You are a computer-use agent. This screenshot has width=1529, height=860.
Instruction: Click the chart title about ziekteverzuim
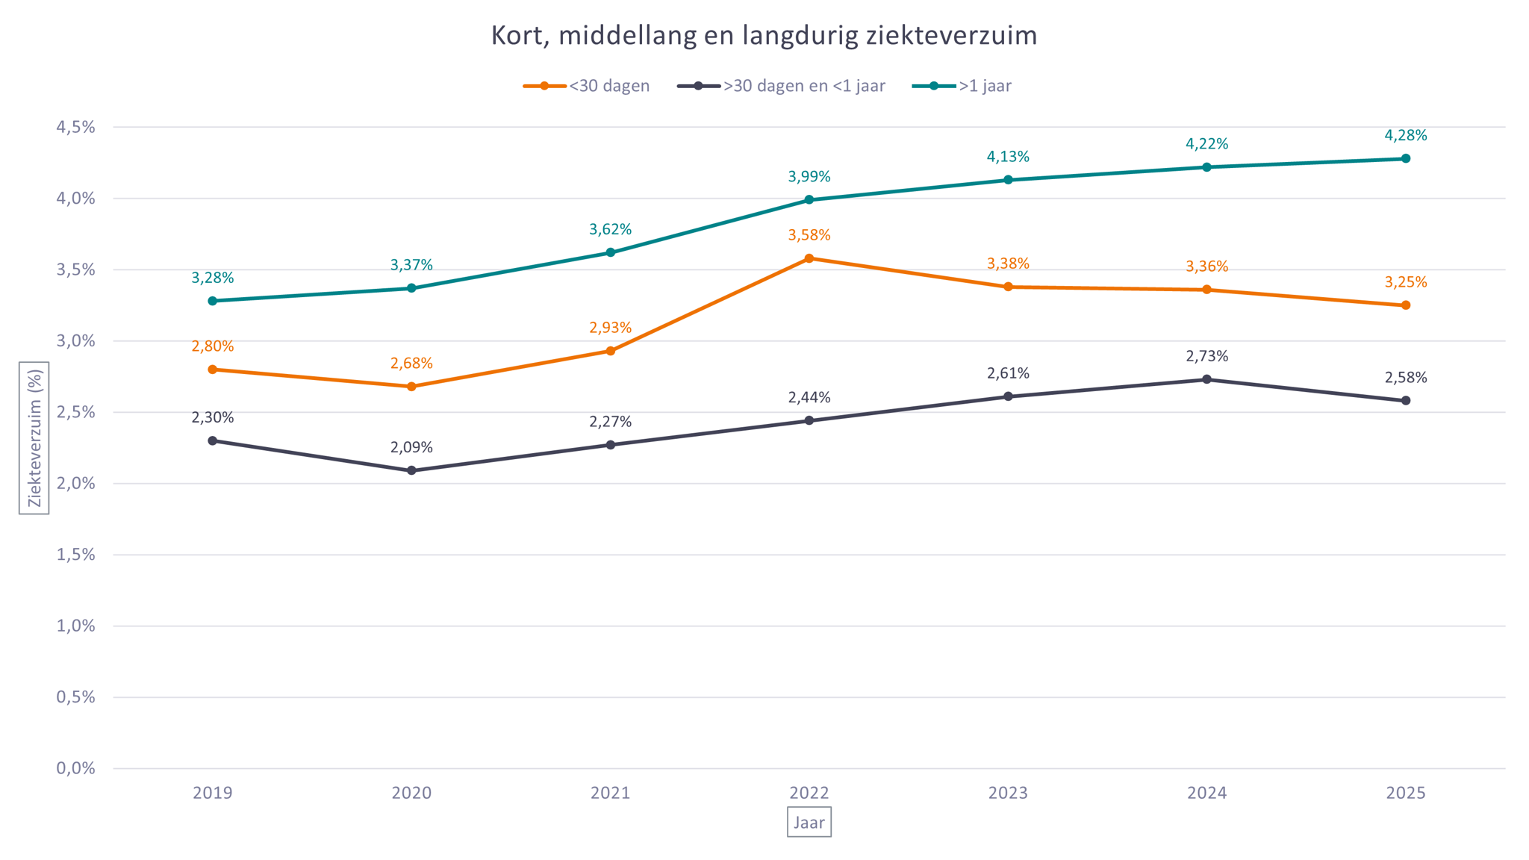pos(764,36)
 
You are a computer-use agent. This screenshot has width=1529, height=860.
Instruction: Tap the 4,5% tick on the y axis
pos(76,127)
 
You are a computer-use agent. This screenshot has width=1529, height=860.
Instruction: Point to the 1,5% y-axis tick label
pos(76,555)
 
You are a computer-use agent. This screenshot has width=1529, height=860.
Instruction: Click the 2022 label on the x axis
pos(809,793)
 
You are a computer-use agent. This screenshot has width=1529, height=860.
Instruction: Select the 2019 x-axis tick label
pos(213,793)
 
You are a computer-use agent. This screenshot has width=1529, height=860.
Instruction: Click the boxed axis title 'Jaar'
pos(809,823)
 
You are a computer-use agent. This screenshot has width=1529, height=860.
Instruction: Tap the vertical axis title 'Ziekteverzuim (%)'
pos(34,438)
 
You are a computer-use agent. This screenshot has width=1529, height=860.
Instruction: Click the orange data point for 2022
pos(809,258)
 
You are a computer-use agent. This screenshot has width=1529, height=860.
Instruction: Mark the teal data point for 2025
pos(1406,158)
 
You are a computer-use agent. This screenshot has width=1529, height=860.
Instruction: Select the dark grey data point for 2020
pos(411,470)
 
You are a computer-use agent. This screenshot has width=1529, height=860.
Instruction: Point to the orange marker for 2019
pos(213,370)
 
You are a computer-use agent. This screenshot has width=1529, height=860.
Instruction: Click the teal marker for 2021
pos(611,252)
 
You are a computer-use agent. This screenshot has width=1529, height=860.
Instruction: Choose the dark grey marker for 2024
pos(1207,379)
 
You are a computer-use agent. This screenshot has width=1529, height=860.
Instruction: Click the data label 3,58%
pos(809,235)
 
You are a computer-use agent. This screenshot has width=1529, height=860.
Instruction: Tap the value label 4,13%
pos(1008,157)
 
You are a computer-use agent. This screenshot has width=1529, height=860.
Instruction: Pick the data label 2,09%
pos(411,447)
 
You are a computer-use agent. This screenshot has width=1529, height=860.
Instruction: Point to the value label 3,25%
pos(1406,282)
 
